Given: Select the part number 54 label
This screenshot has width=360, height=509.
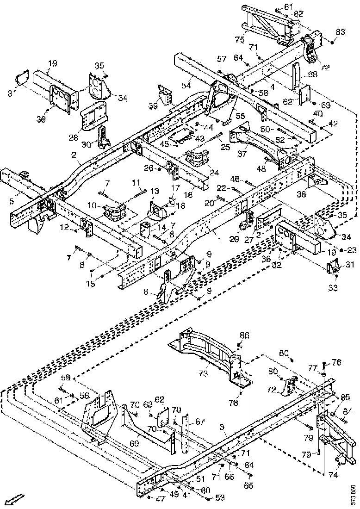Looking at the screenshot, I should (186, 86).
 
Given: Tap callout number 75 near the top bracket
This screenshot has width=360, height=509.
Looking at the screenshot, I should (240, 40).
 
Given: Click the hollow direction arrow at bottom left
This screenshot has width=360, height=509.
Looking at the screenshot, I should (13, 500).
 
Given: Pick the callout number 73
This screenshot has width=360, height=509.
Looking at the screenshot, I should (203, 373).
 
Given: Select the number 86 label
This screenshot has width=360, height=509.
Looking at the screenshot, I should (244, 335).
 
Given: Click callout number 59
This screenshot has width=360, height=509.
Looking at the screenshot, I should (66, 377).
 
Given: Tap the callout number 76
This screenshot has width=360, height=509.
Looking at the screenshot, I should (336, 362).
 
